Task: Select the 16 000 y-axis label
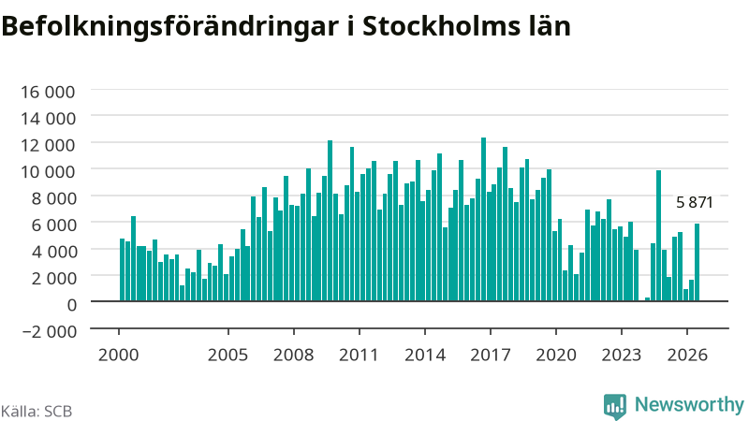click(48, 92)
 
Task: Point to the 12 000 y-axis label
click(48, 145)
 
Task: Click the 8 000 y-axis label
click(53, 198)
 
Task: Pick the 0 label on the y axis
click(72, 305)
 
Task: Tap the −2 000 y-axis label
click(50, 331)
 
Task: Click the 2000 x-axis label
click(119, 355)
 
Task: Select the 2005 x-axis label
click(228, 355)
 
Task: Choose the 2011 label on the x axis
click(359, 355)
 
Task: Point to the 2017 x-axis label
click(491, 355)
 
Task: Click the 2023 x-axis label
click(622, 355)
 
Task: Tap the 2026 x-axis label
click(687, 355)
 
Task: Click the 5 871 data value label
click(695, 202)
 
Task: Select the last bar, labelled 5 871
click(697, 262)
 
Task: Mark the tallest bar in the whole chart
click(483, 220)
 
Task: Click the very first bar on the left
click(123, 269)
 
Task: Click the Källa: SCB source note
click(37, 412)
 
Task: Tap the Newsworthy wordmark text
click(689, 405)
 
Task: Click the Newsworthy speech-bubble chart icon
click(615, 406)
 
